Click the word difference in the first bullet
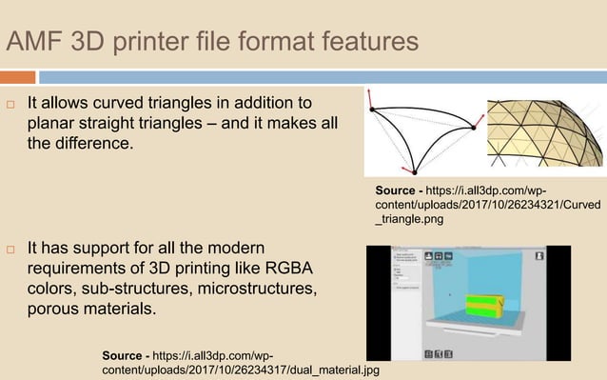point(93,144)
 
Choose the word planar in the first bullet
point(53,123)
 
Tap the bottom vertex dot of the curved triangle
point(414,171)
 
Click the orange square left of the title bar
point(18,75)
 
